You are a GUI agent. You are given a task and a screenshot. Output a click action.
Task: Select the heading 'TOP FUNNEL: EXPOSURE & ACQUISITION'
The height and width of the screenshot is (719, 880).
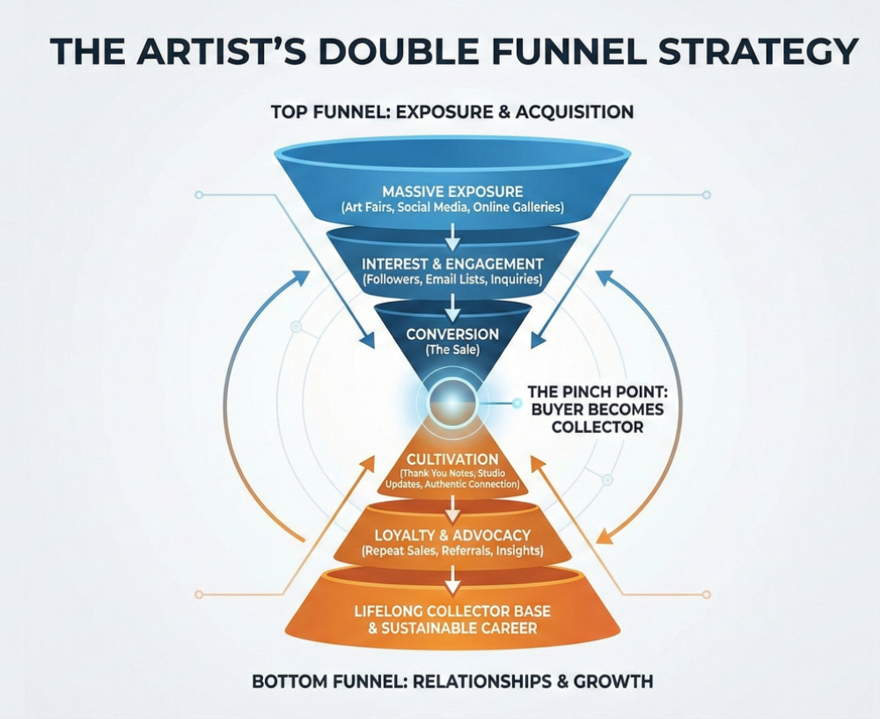[452, 112]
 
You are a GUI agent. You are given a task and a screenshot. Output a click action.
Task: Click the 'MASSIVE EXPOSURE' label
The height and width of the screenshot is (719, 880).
[452, 191]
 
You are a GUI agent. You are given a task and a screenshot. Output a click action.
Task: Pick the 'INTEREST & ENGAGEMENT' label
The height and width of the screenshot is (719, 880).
[452, 263]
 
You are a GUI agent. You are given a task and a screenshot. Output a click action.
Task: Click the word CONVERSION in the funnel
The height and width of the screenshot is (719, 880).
[452, 334]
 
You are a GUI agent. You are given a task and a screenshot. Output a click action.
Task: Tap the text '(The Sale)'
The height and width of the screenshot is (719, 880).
[452, 349]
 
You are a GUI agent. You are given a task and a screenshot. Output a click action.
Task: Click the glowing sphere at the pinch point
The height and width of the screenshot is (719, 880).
[452, 403]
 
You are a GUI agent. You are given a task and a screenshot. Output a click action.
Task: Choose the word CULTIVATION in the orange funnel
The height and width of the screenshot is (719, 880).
[452, 459]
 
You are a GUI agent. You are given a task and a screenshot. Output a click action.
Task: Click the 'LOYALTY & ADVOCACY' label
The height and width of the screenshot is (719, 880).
[452, 535]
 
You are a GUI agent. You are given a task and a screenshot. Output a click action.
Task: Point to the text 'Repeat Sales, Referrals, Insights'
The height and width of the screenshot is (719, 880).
[452, 551]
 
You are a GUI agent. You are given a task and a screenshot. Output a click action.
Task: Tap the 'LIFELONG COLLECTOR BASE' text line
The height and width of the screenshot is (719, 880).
[452, 613]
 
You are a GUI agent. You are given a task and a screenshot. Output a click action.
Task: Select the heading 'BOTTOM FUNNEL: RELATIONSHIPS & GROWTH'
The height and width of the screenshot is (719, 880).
[452, 682]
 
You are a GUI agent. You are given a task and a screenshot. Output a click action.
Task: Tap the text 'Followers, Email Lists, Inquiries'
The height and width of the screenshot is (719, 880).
[452, 280]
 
